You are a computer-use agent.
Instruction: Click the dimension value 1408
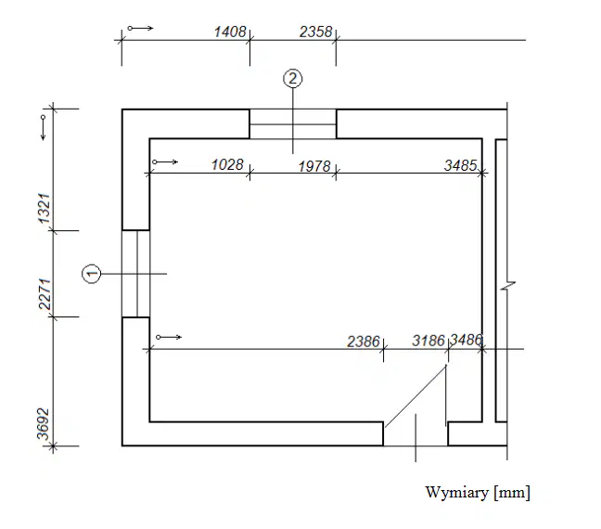(x=230, y=32)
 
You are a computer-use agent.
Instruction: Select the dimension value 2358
(x=316, y=32)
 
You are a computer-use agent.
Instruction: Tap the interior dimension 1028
(x=227, y=164)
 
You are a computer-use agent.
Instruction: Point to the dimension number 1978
(x=314, y=166)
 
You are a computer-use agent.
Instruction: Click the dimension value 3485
(x=461, y=165)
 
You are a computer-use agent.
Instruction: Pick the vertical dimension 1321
(x=45, y=209)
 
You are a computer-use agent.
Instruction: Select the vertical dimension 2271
(x=45, y=294)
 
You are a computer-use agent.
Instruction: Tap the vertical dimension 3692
(x=44, y=424)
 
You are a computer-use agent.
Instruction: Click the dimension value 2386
(x=364, y=341)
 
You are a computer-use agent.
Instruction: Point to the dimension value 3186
(x=428, y=341)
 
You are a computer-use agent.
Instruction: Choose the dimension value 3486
(x=466, y=340)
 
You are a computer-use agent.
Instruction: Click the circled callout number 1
(x=92, y=274)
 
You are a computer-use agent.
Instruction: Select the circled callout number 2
(x=293, y=79)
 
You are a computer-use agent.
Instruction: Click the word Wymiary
(x=457, y=492)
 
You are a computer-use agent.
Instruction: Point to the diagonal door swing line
(x=416, y=396)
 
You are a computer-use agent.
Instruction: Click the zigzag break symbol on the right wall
(x=507, y=286)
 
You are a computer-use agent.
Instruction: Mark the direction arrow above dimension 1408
(x=141, y=28)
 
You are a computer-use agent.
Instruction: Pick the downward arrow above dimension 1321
(x=44, y=127)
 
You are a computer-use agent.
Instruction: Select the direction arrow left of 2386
(x=169, y=337)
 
